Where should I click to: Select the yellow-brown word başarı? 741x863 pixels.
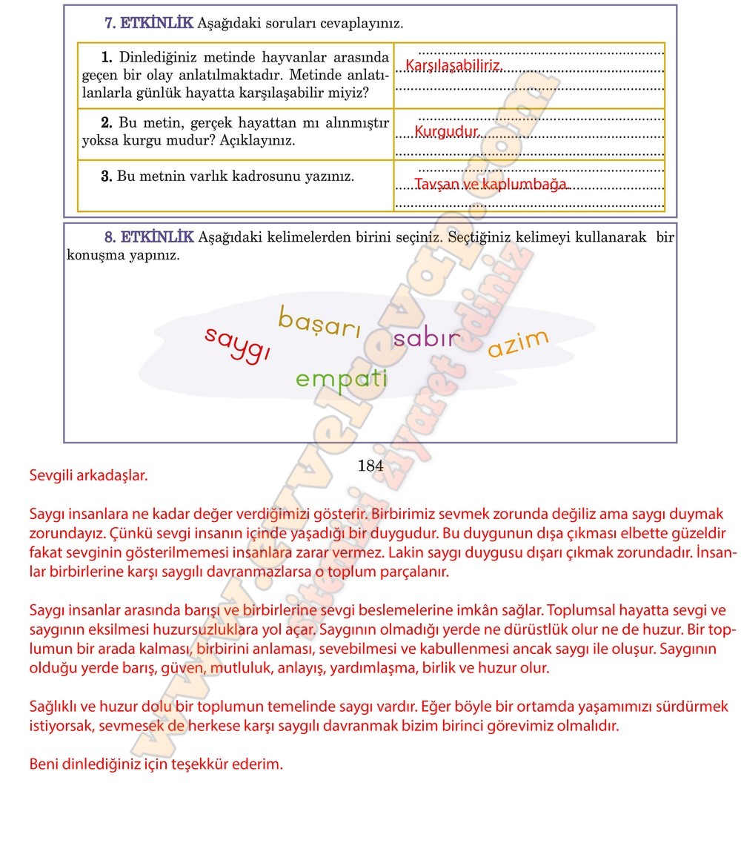pyautogui.click(x=319, y=323)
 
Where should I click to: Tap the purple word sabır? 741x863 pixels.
pyautogui.click(x=427, y=340)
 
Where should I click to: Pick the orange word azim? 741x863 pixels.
pyautogui.click(x=518, y=343)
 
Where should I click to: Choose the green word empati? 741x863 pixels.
pyautogui.click(x=342, y=379)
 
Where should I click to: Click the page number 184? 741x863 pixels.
pyautogui.click(x=370, y=466)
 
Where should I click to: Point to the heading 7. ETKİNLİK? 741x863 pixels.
pyautogui.click(x=148, y=23)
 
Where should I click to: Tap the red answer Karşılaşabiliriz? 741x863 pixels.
pyautogui.click(x=453, y=67)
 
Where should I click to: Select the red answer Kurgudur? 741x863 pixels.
pyautogui.click(x=448, y=132)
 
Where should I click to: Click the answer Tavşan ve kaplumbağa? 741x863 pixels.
pyautogui.click(x=491, y=184)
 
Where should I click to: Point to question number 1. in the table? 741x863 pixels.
pyautogui.click(x=106, y=57)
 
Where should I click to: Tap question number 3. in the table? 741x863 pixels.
pyautogui.click(x=106, y=176)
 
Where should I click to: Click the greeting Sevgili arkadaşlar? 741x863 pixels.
pyautogui.click(x=88, y=475)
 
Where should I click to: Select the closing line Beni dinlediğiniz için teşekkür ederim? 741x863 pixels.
pyautogui.click(x=156, y=764)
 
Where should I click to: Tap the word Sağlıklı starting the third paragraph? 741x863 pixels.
pyautogui.click(x=57, y=706)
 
